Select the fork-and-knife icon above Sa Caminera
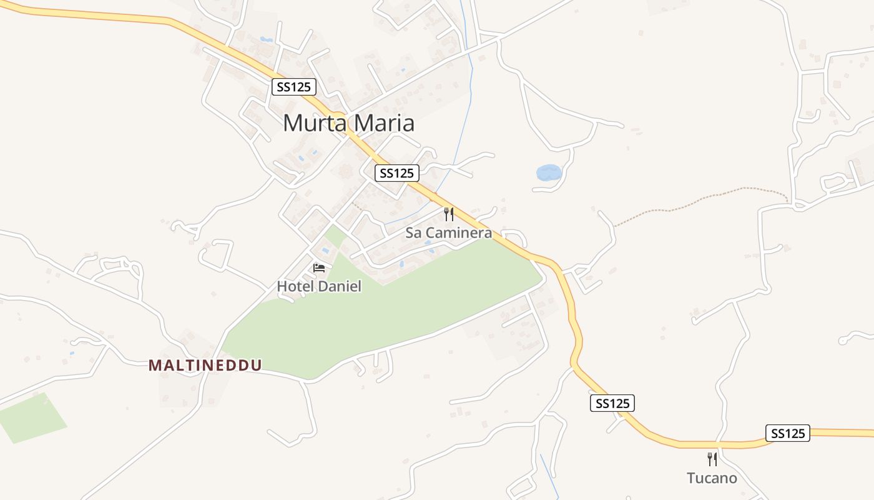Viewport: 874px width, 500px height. pyautogui.click(x=449, y=214)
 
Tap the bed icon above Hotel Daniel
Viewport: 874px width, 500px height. pyautogui.click(x=319, y=268)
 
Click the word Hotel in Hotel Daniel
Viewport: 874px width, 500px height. pyautogui.click(x=295, y=286)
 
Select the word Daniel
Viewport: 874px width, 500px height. pyautogui.click(x=340, y=286)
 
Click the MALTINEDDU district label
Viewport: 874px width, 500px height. pyautogui.click(x=205, y=366)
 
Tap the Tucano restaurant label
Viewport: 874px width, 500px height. pyautogui.click(x=712, y=478)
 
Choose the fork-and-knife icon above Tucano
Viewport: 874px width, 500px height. pyautogui.click(x=712, y=459)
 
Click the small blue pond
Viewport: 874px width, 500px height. pyautogui.click(x=548, y=172)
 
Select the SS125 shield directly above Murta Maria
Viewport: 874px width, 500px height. pyautogui.click(x=293, y=87)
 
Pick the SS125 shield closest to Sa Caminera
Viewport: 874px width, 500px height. pyautogui.click(x=396, y=173)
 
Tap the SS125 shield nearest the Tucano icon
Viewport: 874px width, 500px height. pyautogui.click(x=787, y=433)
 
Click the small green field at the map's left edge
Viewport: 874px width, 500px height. pyautogui.click(x=31, y=419)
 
